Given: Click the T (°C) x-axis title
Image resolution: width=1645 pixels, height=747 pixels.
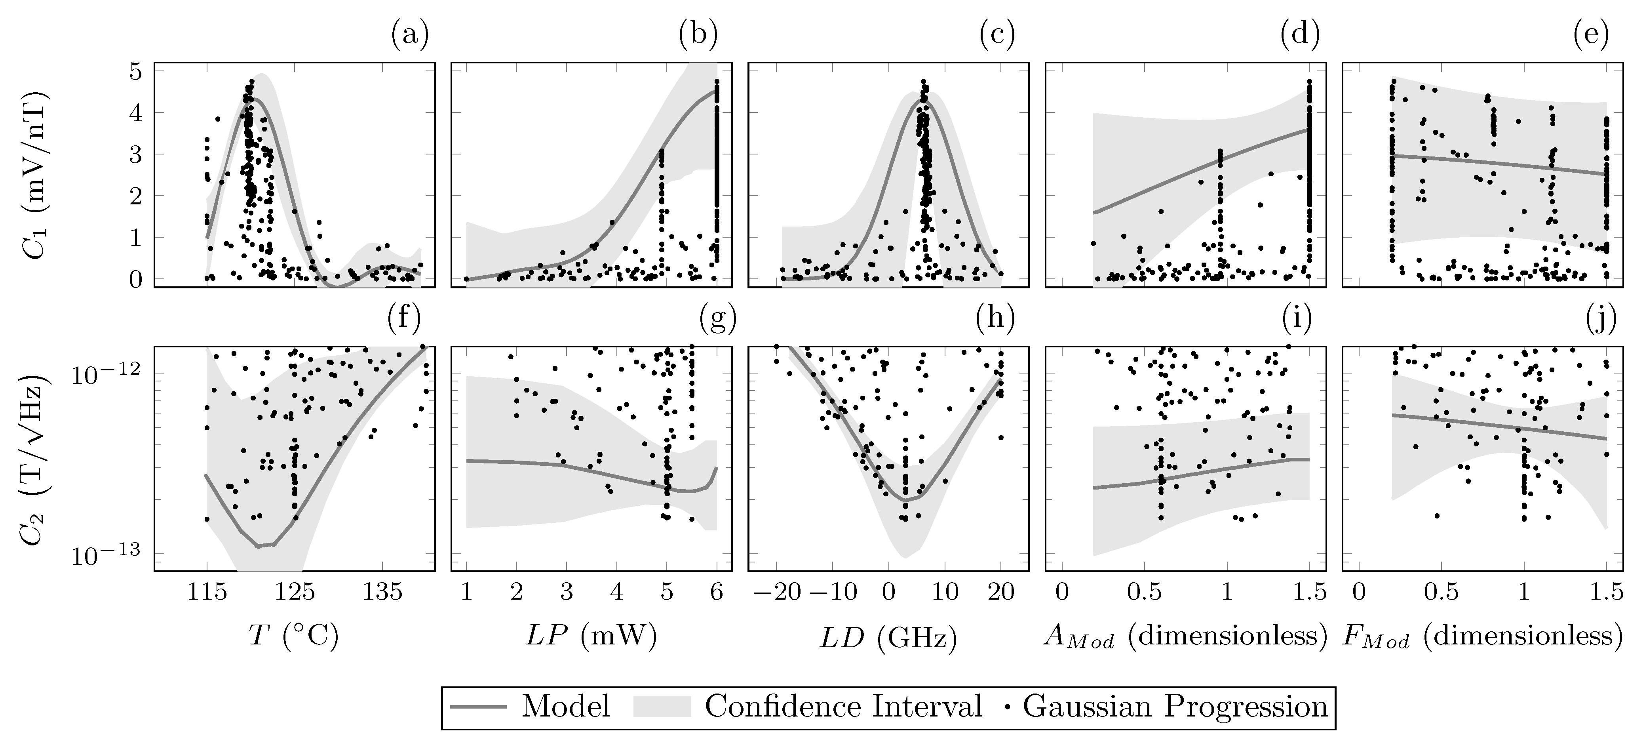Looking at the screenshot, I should (x=294, y=636).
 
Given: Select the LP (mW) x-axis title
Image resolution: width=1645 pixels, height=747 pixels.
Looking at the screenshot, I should (x=591, y=636).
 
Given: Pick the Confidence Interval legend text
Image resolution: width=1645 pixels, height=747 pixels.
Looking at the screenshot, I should (x=843, y=707).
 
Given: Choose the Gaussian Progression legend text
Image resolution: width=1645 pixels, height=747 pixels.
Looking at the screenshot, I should (x=1175, y=707).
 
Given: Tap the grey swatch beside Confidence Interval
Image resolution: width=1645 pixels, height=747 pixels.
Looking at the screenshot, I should (x=662, y=707).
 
